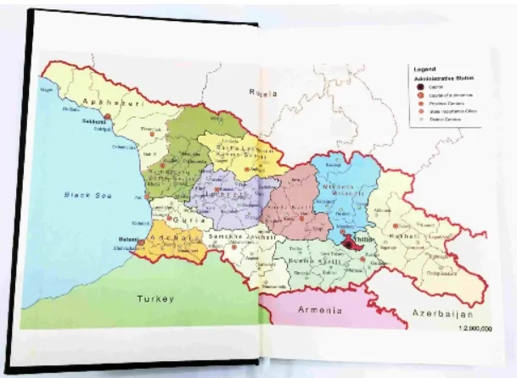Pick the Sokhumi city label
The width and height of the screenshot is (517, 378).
(x=93, y=121)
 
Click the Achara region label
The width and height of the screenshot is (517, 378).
(x=172, y=239)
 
